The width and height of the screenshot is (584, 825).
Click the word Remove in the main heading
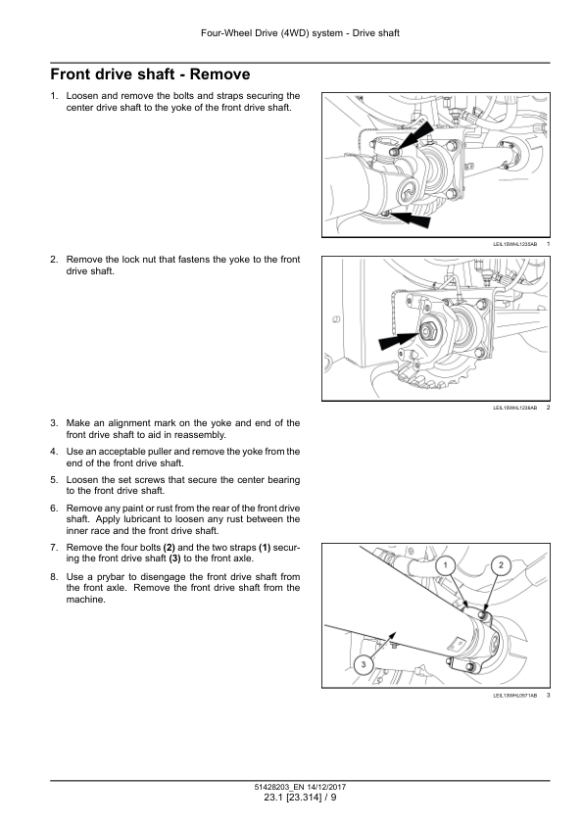(x=219, y=74)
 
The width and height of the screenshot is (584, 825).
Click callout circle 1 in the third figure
(x=446, y=565)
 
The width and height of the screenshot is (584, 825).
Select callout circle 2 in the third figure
(x=501, y=565)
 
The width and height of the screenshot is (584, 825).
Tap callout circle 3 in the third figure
(x=363, y=664)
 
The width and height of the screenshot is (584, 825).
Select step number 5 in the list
(x=54, y=480)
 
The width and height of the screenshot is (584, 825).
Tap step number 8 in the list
(x=54, y=577)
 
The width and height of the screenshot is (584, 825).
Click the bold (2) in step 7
(x=169, y=548)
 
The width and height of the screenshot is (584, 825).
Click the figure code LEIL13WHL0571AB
(x=514, y=696)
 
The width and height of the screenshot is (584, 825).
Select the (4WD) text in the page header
(x=295, y=33)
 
